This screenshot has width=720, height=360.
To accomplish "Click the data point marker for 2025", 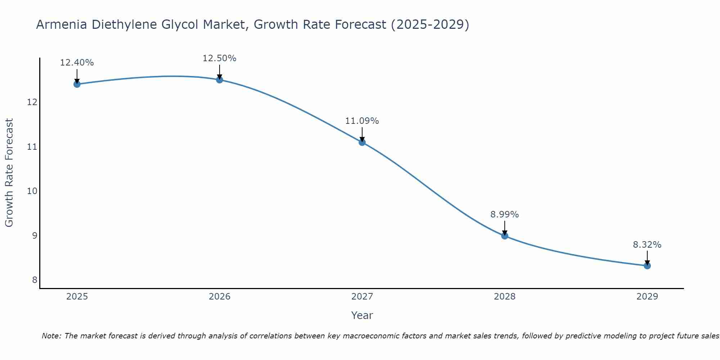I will click(77, 84).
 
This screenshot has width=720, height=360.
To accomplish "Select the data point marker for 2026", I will click(220, 80).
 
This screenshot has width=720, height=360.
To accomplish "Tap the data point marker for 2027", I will click(362, 142).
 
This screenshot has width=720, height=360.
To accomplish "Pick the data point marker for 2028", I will click(505, 236).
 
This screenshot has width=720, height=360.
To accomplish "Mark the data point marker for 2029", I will click(647, 266).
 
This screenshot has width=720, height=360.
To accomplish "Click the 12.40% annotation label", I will click(77, 63).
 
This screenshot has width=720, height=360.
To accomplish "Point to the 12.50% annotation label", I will click(220, 58).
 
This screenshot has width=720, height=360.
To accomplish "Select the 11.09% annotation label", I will click(362, 121).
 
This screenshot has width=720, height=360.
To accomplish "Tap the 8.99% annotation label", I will click(505, 215).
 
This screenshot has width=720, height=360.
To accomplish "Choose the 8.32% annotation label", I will click(647, 245).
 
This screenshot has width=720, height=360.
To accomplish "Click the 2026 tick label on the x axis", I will click(220, 297).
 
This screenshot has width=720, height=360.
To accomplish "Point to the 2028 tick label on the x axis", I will click(505, 297).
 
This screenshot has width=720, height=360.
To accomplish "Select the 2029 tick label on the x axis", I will click(647, 297).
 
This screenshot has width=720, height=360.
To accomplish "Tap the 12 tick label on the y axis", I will click(32, 102).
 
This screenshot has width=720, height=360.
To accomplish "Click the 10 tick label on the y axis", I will click(32, 191).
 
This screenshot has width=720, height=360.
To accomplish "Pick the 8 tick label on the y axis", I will click(35, 280).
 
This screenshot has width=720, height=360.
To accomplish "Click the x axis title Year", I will click(362, 315).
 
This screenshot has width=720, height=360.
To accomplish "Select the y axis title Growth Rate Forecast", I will click(9, 173).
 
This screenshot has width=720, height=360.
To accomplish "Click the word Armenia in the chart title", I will click(62, 25).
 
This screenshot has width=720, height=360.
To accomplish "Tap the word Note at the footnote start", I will click(51, 336).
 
